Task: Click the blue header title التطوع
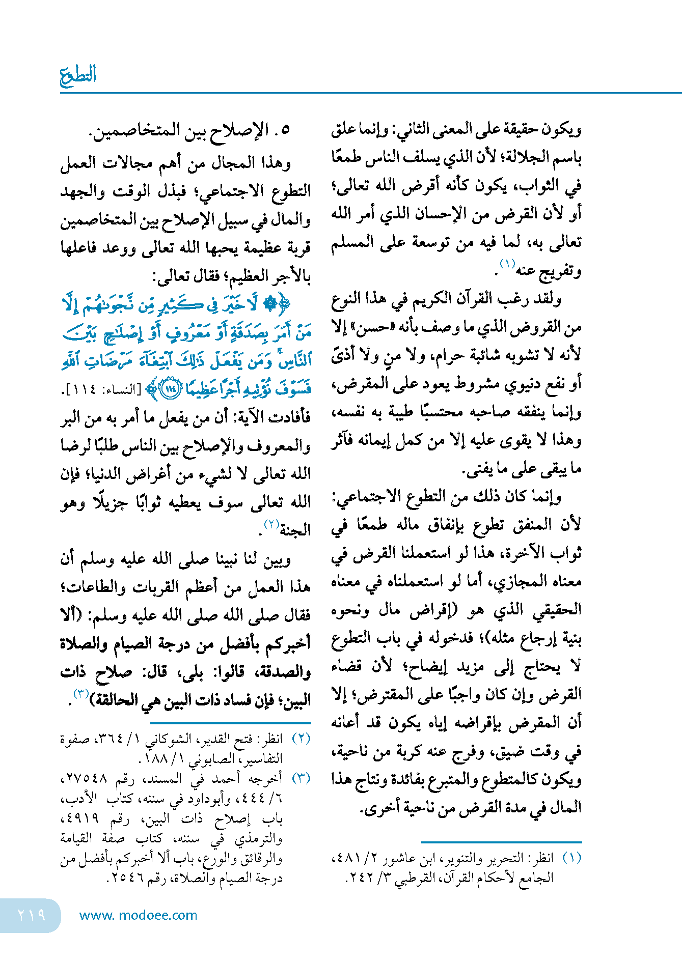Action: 78,76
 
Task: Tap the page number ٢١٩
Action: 32,915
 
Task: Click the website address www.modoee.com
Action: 138,915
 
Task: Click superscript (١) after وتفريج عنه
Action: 507,264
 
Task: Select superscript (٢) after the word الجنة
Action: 270,524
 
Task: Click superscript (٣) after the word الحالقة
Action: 81,694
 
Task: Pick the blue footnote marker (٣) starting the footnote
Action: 301,778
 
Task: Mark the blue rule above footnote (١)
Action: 501,842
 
